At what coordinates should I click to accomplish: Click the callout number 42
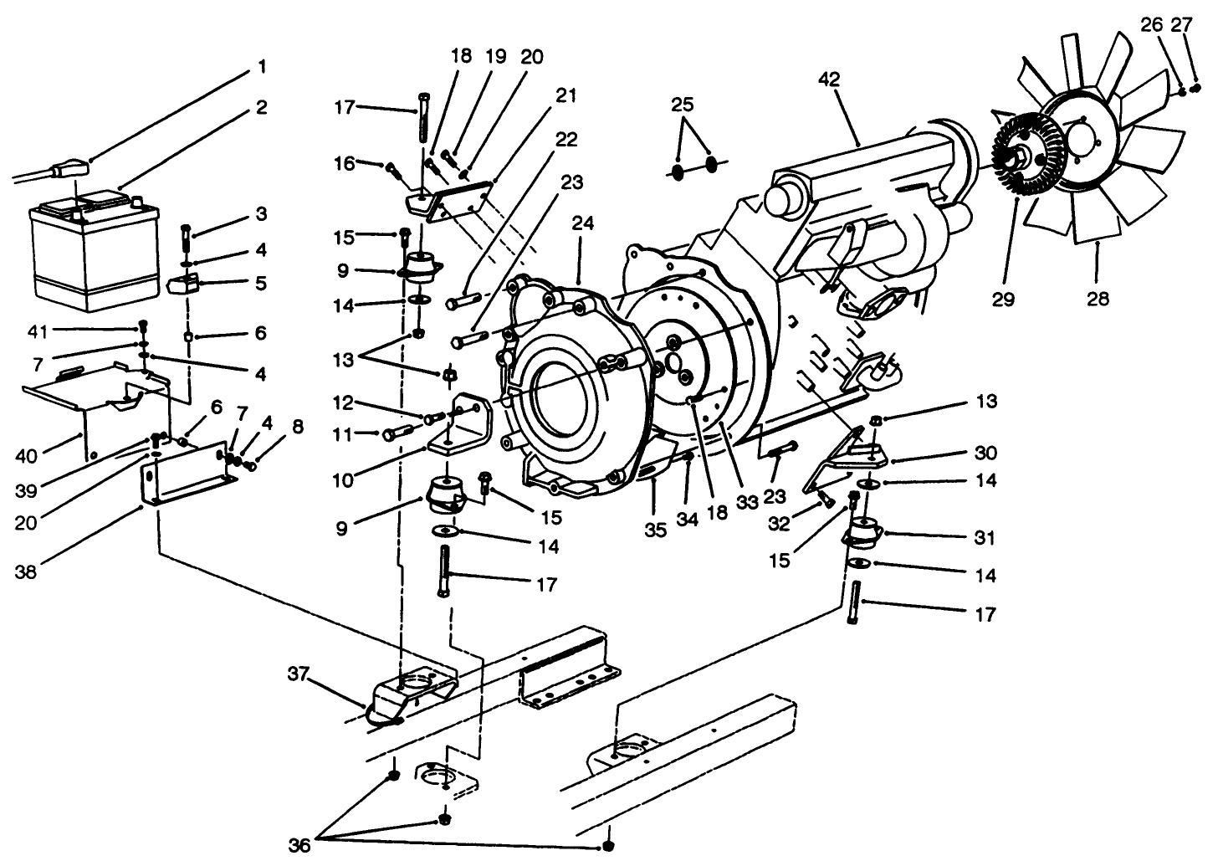pyautogui.click(x=830, y=79)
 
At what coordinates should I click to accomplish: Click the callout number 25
pyautogui.click(x=683, y=105)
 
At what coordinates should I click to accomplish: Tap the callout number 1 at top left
pyautogui.click(x=262, y=65)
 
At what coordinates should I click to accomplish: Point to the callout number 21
pyautogui.click(x=566, y=95)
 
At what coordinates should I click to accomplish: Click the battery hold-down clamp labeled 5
pyautogui.click(x=184, y=284)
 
